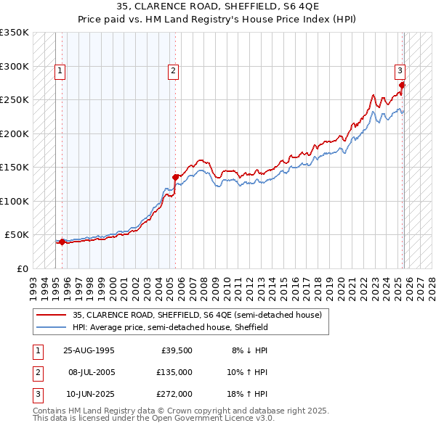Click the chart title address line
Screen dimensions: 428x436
[x=217, y=7]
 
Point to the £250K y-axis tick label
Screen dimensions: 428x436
[x=15, y=100]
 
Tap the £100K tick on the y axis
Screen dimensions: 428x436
[x=15, y=201]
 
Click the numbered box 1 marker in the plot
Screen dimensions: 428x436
[x=59, y=70]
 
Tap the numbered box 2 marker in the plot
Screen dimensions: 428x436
[x=173, y=70]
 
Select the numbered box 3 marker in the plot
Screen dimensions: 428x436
[x=400, y=70]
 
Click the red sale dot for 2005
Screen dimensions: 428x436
[x=175, y=177]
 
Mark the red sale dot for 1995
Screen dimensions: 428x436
[x=62, y=242]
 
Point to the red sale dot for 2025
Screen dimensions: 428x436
[x=402, y=85]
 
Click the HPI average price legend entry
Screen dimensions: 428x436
[x=170, y=327]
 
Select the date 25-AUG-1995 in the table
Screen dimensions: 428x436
[x=89, y=350]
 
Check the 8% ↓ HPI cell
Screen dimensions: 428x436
[x=249, y=350]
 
